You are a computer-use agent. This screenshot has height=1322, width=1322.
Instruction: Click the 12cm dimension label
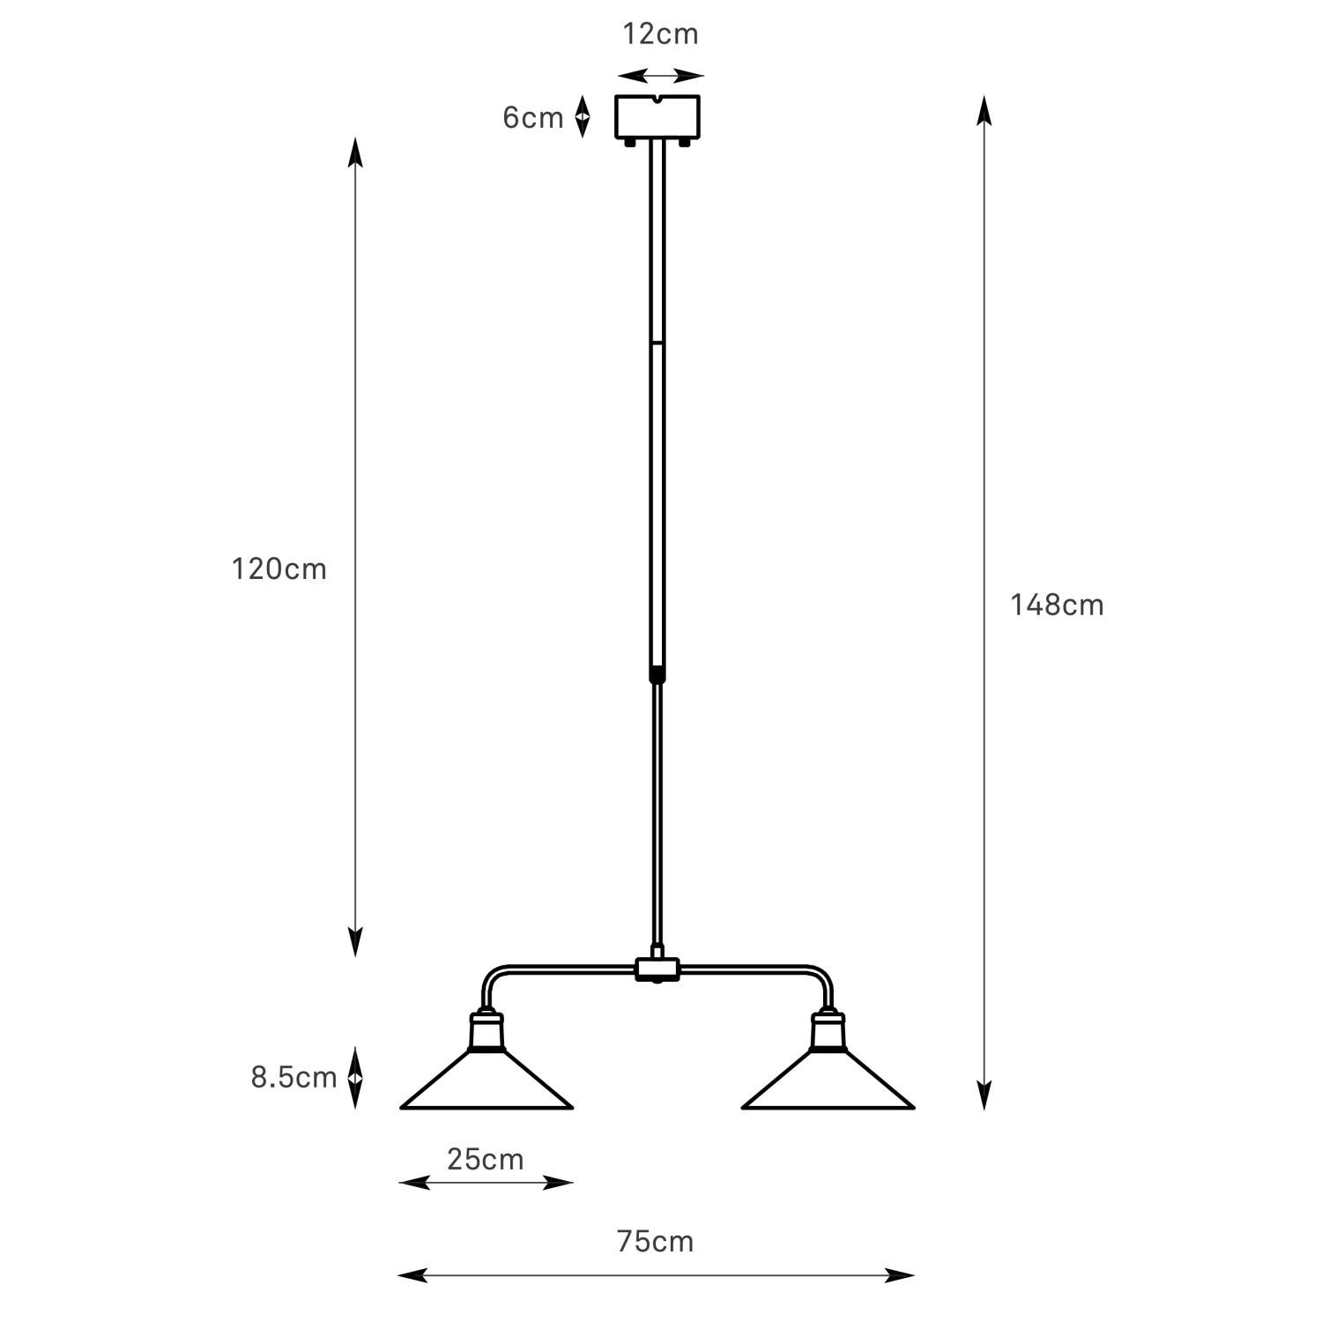click(660, 34)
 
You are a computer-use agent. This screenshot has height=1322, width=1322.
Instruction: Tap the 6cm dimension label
click(532, 118)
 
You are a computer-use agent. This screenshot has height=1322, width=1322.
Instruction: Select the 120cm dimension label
click(279, 569)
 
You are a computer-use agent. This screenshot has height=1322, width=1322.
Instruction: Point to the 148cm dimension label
click(1057, 605)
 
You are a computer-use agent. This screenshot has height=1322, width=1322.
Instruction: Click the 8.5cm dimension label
click(293, 1078)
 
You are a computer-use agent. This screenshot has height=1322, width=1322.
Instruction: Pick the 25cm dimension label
click(485, 1160)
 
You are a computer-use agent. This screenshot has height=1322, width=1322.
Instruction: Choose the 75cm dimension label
click(655, 1242)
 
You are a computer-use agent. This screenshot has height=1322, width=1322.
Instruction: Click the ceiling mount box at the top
click(657, 117)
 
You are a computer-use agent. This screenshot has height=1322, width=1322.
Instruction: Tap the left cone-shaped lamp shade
click(486, 1081)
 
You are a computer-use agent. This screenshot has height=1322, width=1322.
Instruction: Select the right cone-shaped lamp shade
click(828, 1081)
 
